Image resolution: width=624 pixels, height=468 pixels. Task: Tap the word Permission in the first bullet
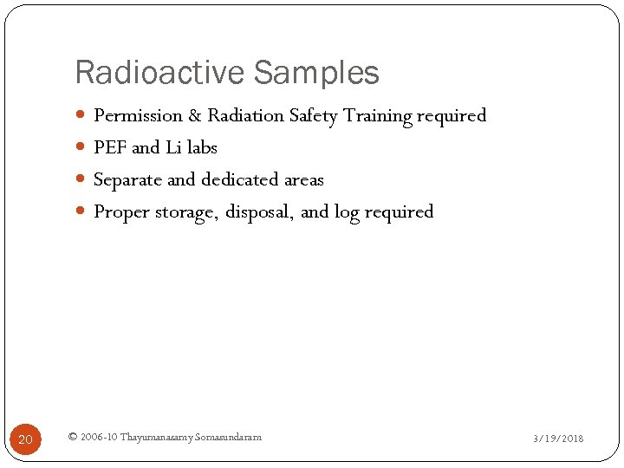[x=138, y=115]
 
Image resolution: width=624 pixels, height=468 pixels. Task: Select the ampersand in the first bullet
[x=195, y=115]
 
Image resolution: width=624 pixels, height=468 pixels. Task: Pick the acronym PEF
[x=110, y=148]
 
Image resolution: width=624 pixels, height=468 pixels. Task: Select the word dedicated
[x=241, y=180]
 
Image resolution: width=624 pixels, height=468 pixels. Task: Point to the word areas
[x=304, y=180]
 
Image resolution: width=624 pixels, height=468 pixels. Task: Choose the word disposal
[x=260, y=212]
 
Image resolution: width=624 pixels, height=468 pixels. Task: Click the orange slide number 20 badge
[x=25, y=439]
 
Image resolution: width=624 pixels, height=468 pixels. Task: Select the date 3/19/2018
[x=558, y=439]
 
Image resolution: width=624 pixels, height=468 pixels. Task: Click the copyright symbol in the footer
[x=72, y=437]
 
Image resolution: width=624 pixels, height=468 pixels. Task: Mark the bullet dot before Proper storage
[x=81, y=212]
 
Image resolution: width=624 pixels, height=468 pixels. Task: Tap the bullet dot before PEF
[x=81, y=148]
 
